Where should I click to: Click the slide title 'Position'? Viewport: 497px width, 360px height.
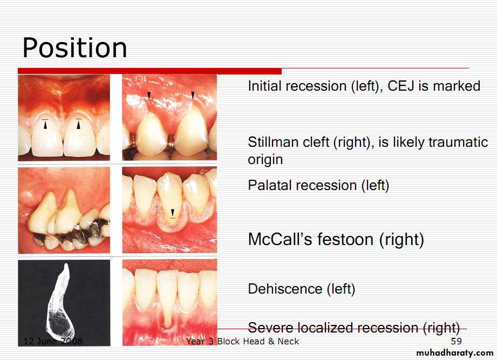[x=75, y=48]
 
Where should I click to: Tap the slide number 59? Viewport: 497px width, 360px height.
[x=456, y=341]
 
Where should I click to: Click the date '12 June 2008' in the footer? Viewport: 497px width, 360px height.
[x=53, y=341]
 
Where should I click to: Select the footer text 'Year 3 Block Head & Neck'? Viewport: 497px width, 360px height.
[x=242, y=341]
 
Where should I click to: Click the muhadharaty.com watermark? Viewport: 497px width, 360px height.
[x=454, y=352]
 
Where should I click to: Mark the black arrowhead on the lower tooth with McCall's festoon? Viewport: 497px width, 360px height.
[x=173, y=212]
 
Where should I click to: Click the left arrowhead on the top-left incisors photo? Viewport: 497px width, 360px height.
[x=45, y=126]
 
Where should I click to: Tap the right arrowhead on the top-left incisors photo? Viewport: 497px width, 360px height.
[x=78, y=126]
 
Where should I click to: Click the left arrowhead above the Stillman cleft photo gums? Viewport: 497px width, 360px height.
[x=149, y=95]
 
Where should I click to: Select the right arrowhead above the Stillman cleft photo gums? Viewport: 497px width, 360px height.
[x=193, y=95]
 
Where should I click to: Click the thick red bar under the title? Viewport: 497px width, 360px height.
[x=149, y=71]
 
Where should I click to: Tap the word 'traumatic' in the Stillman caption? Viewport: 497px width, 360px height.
[x=458, y=142]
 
